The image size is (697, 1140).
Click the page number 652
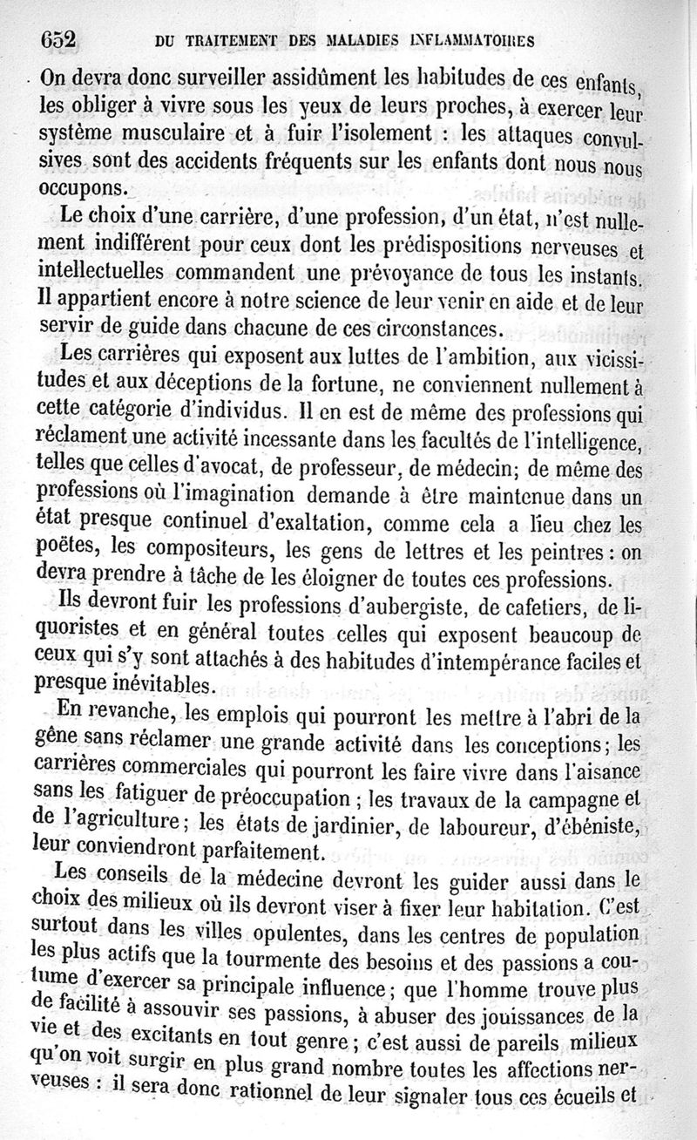59,38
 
